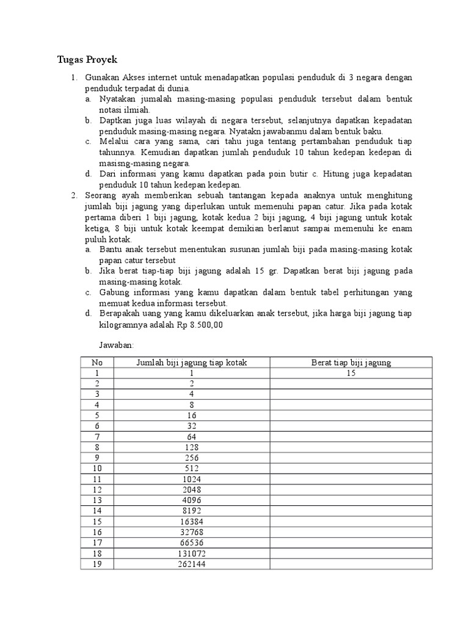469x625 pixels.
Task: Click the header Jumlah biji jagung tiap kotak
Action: click(191, 363)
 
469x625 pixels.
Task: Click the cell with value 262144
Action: click(191, 564)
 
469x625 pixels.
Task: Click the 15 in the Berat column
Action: click(351, 373)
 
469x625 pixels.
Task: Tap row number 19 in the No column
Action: click(96, 564)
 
